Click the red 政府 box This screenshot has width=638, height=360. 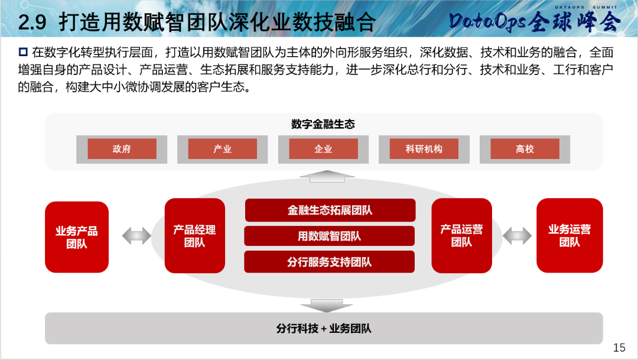coord(122,148)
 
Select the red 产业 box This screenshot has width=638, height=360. coord(223,148)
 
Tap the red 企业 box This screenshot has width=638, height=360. coord(324,148)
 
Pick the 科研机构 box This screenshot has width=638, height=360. coord(424,148)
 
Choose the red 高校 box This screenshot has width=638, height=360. coord(525,148)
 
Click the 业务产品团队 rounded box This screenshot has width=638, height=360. coord(77,237)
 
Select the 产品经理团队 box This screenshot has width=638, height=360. coord(195,236)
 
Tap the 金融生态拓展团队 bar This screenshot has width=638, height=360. coord(330,210)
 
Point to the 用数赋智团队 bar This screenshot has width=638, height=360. coord(330,236)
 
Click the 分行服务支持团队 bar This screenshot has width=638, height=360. coord(330,262)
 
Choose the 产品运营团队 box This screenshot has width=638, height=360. coord(462,236)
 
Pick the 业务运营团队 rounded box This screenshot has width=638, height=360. coord(569,236)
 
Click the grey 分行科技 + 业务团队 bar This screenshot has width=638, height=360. coord(324,328)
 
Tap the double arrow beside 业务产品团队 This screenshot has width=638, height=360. coord(136,236)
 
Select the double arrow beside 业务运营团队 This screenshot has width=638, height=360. coord(517,236)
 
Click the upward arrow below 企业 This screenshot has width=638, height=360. coord(327,176)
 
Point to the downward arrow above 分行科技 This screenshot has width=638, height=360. coord(327,306)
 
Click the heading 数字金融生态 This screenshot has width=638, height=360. coord(323,124)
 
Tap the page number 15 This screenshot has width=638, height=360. coord(619,348)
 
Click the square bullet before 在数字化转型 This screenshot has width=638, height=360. coord(23,52)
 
